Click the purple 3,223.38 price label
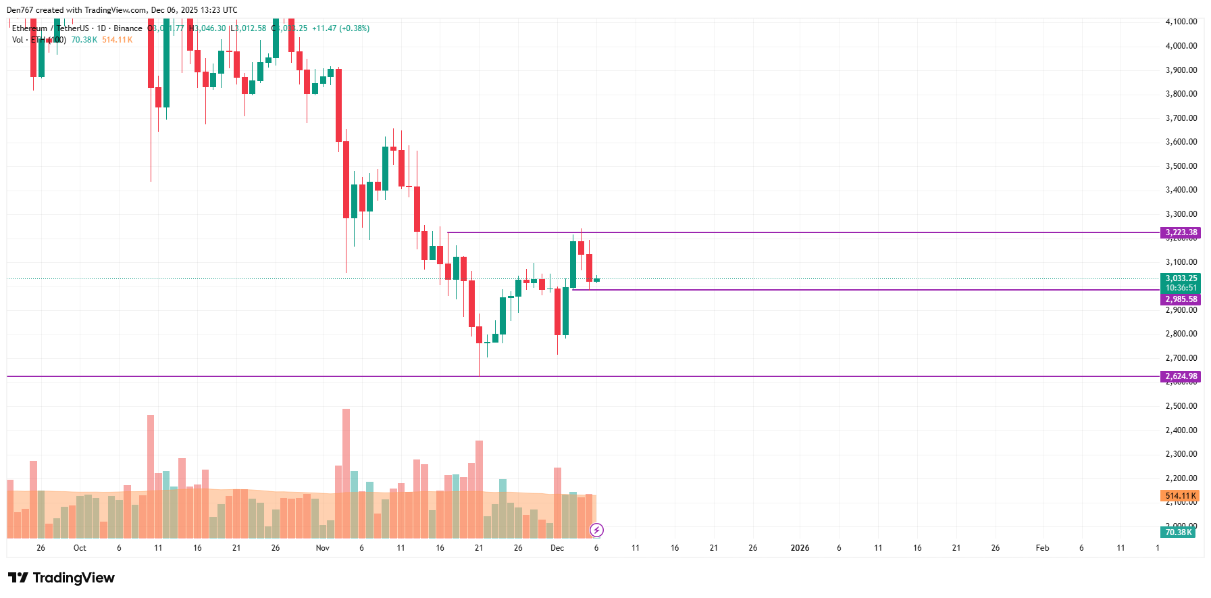(1181, 232)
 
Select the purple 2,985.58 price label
(1181, 299)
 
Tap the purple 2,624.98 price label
(1181, 376)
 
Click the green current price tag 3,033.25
(1181, 278)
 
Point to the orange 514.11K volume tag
(1180, 496)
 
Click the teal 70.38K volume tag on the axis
(1179, 532)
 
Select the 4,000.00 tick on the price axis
(1181, 46)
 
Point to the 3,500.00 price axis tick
(1181, 166)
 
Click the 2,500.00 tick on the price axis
(1181, 406)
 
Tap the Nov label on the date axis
(323, 548)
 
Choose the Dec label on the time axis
(557, 548)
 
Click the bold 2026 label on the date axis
(800, 548)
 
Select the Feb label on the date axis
(1042, 548)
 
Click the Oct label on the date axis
(80, 548)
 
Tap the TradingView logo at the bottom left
(61, 578)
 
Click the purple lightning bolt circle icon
(596, 530)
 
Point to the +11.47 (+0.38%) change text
(340, 28)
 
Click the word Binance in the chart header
(128, 28)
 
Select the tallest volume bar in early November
(346, 473)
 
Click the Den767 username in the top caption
(20, 10)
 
